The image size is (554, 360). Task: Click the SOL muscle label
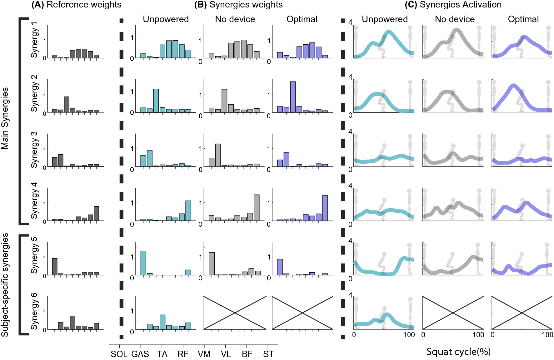point(119,354)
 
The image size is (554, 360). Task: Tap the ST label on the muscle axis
point(268,354)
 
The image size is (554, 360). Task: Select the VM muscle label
point(204,354)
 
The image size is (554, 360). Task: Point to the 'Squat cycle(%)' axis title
point(458,352)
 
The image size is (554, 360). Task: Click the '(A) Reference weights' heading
point(77,5)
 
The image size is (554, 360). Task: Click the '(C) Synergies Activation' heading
point(453,5)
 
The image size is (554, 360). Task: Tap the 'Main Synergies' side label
point(5,118)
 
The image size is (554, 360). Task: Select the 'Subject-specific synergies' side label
point(5,285)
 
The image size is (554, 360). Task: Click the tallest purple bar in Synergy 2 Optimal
point(293,97)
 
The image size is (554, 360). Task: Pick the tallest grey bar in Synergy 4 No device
point(257,208)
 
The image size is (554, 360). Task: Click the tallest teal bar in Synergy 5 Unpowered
point(143,263)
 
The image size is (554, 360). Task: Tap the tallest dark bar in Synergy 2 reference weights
point(67,104)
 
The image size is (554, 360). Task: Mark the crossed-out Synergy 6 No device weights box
point(235,313)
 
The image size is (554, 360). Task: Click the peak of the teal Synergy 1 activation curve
point(389,32)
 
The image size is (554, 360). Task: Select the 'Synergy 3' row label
point(34,150)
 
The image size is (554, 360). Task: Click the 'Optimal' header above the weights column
point(302,19)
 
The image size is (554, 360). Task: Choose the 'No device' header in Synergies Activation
point(455,19)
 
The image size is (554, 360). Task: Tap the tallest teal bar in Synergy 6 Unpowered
point(162,322)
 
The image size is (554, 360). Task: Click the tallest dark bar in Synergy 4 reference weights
point(96,214)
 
